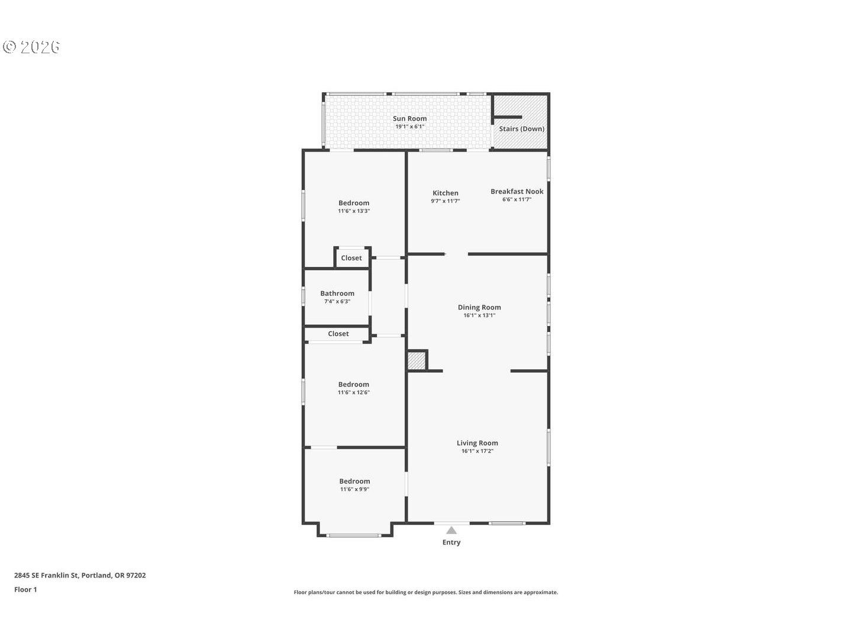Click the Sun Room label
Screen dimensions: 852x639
pyautogui.click(x=409, y=118)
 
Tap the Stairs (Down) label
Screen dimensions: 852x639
pyautogui.click(x=521, y=128)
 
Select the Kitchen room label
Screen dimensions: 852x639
pyautogui.click(x=445, y=193)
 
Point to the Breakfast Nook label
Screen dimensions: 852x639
pyautogui.click(x=517, y=191)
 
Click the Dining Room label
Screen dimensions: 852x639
pyautogui.click(x=479, y=307)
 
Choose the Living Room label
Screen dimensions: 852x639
pyautogui.click(x=477, y=443)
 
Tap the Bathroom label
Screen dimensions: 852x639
pyautogui.click(x=337, y=293)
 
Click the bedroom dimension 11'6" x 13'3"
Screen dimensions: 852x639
pyautogui.click(x=354, y=211)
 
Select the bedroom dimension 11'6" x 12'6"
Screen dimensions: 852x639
pyautogui.click(x=353, y=392)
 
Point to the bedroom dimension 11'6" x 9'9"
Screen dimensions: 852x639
pyautogui.click(x=354, y=489)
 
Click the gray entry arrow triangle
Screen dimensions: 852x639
pyautogui.click(x=451, y=530)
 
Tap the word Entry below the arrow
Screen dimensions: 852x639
pyautogui.click(x=451, y=543)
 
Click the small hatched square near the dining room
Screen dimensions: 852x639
pyautogui.click(x=417, y=360)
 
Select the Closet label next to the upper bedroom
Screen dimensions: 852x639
pyautogui.click(x=351, y=258)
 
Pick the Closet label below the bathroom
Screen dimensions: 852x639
pyautogui.click(x=338, y=334)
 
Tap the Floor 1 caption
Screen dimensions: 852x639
pyautogui.click(x=25, y=589)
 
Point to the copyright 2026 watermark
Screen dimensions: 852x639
pyautogui.click(x=31, y=47)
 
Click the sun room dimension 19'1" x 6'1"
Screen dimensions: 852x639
pyautogui.click(x=409, y=127)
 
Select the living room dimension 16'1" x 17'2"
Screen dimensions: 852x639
pyautogui.click(x=477, y=451)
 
